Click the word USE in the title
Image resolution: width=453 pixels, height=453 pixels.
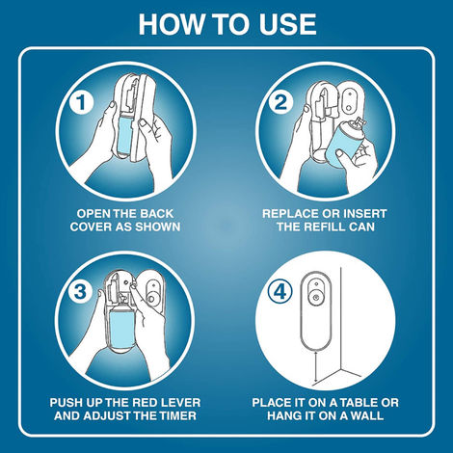coord(288,24)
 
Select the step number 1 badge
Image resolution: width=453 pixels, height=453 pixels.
coord(81,102)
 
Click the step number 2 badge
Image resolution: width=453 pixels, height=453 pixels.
coord(281,102)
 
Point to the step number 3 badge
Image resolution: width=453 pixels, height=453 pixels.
coord(80,292)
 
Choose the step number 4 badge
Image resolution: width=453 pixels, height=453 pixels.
coord(280,292)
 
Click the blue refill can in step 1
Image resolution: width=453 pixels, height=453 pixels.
coord(123,135)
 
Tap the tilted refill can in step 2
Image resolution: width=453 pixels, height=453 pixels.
coord(344,143)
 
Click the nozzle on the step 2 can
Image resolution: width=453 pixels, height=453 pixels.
coord(360,122)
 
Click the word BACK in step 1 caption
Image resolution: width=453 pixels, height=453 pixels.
coord(157,214)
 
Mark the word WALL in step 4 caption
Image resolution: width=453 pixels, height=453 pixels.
coord(367,415)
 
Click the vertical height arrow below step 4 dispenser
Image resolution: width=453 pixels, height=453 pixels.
coord(316,367)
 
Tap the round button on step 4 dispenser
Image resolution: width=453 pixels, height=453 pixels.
coord(316,298)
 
